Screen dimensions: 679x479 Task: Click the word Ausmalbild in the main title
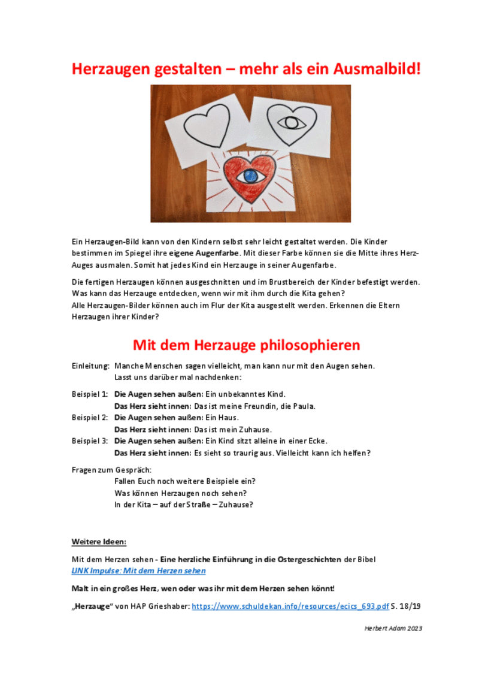[x=370, y=68]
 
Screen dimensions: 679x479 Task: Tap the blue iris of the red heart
[x=249, y=176]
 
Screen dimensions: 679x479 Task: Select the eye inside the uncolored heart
[x=292, y=122]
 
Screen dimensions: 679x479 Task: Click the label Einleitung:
[x=90, y=366]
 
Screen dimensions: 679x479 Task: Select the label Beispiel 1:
[x=90, y=394]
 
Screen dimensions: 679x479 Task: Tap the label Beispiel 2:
[x=90, y=417]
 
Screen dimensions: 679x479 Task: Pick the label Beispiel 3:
[x=90, y=440]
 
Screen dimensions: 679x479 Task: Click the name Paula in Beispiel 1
[x=304, y=406]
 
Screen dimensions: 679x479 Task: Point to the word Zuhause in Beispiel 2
[x=256, y=429]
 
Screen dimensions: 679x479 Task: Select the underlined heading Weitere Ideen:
[x=99, y=542]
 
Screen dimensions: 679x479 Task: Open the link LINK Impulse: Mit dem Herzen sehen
[x=138, y=571]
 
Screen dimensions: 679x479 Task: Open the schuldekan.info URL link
[x=290, y=606]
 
